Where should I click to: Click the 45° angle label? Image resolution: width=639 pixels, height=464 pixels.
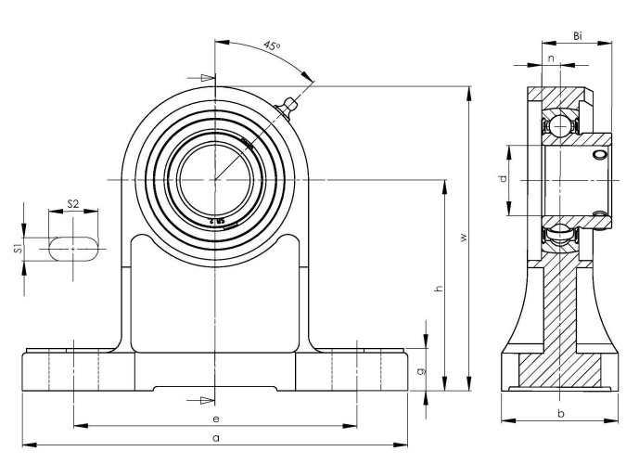point(272,45)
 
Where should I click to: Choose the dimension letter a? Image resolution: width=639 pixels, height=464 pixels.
point(215,436)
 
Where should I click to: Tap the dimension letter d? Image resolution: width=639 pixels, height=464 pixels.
point(502,178)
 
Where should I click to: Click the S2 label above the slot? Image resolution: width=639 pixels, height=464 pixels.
point(72,204)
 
